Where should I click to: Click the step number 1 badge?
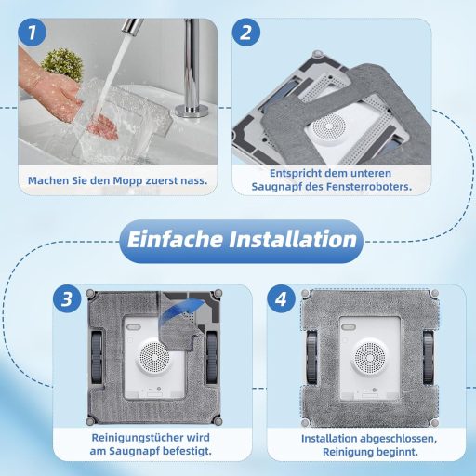click(x=33, y=33)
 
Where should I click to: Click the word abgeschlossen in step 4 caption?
click(x=384, y=437)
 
